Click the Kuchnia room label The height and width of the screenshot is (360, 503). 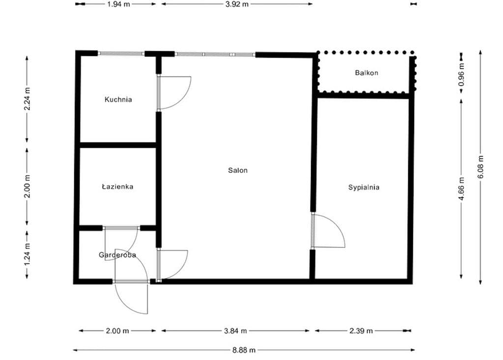pos(118,100)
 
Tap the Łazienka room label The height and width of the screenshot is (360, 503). pos(117,187)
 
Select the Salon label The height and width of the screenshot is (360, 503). pos(238,170)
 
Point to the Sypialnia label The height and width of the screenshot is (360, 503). pos(364,188)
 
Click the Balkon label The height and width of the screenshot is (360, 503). pos(366,73)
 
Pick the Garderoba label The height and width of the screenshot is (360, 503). pos(117,255)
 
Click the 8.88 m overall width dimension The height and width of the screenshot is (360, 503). pos(244,350)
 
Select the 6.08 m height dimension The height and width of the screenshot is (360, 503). pos(480,167)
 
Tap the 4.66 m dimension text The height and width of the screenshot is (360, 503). pos(461,188)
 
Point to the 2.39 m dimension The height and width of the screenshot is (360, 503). pos(361,331)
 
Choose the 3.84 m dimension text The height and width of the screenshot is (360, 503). pos(235,331)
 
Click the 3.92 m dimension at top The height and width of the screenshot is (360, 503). pos(237,4)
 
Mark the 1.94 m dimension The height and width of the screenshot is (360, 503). pos(118,4)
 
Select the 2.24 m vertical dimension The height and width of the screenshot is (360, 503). pos(27,99)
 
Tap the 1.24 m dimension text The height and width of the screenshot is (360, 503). pos(27,254)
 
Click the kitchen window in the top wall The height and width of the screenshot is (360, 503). pos(121,54)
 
